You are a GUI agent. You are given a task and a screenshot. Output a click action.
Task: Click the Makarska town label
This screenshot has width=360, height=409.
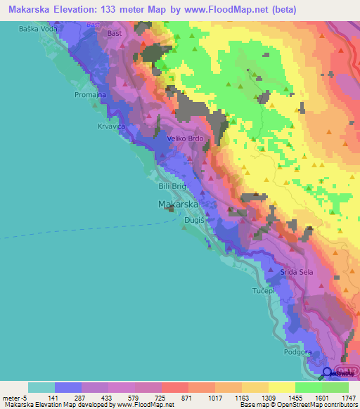(x=176, y=204)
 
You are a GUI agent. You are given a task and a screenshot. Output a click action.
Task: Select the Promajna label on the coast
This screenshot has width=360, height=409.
(x=89, y=93)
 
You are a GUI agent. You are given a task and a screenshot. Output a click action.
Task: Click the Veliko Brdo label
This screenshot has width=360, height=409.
(x=186, y=138)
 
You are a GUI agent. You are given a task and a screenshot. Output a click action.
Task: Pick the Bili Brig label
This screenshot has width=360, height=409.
(x=171, y=187)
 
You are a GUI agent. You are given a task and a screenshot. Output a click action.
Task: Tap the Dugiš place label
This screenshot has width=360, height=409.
(x=193, y=220)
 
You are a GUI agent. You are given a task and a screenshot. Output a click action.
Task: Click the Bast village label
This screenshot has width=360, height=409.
(x=113, y=33)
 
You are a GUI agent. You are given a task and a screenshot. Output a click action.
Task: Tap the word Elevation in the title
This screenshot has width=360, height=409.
(x=84, y=10)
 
